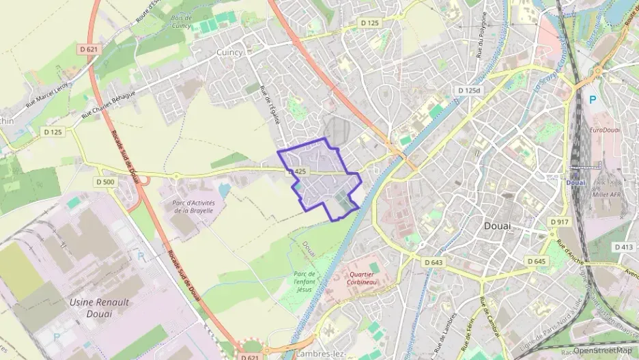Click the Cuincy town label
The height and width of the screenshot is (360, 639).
pyautogui.click(x=229, y=53)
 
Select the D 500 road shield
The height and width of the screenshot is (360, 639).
pyautogui.click(x=105, y=182)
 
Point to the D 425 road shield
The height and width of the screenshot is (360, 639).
pyautogui.click(x=296, y=171)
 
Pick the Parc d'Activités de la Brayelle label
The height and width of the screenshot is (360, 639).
pyautogui.click(x=193, y=207)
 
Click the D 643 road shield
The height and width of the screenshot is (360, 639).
pyautogui.click(x=433, y=262)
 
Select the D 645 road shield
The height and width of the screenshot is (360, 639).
pyautogui.click(x=536, y=262)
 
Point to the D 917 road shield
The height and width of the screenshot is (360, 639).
pyautogui.click(x=559, y=222)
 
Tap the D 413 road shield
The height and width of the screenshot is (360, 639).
pyautogui.click(x=623, y=247)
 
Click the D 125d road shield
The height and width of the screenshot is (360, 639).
pyautogui.click(x=469, y=91)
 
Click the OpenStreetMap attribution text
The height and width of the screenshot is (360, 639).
pyautogui.click(x=602, y=350)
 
